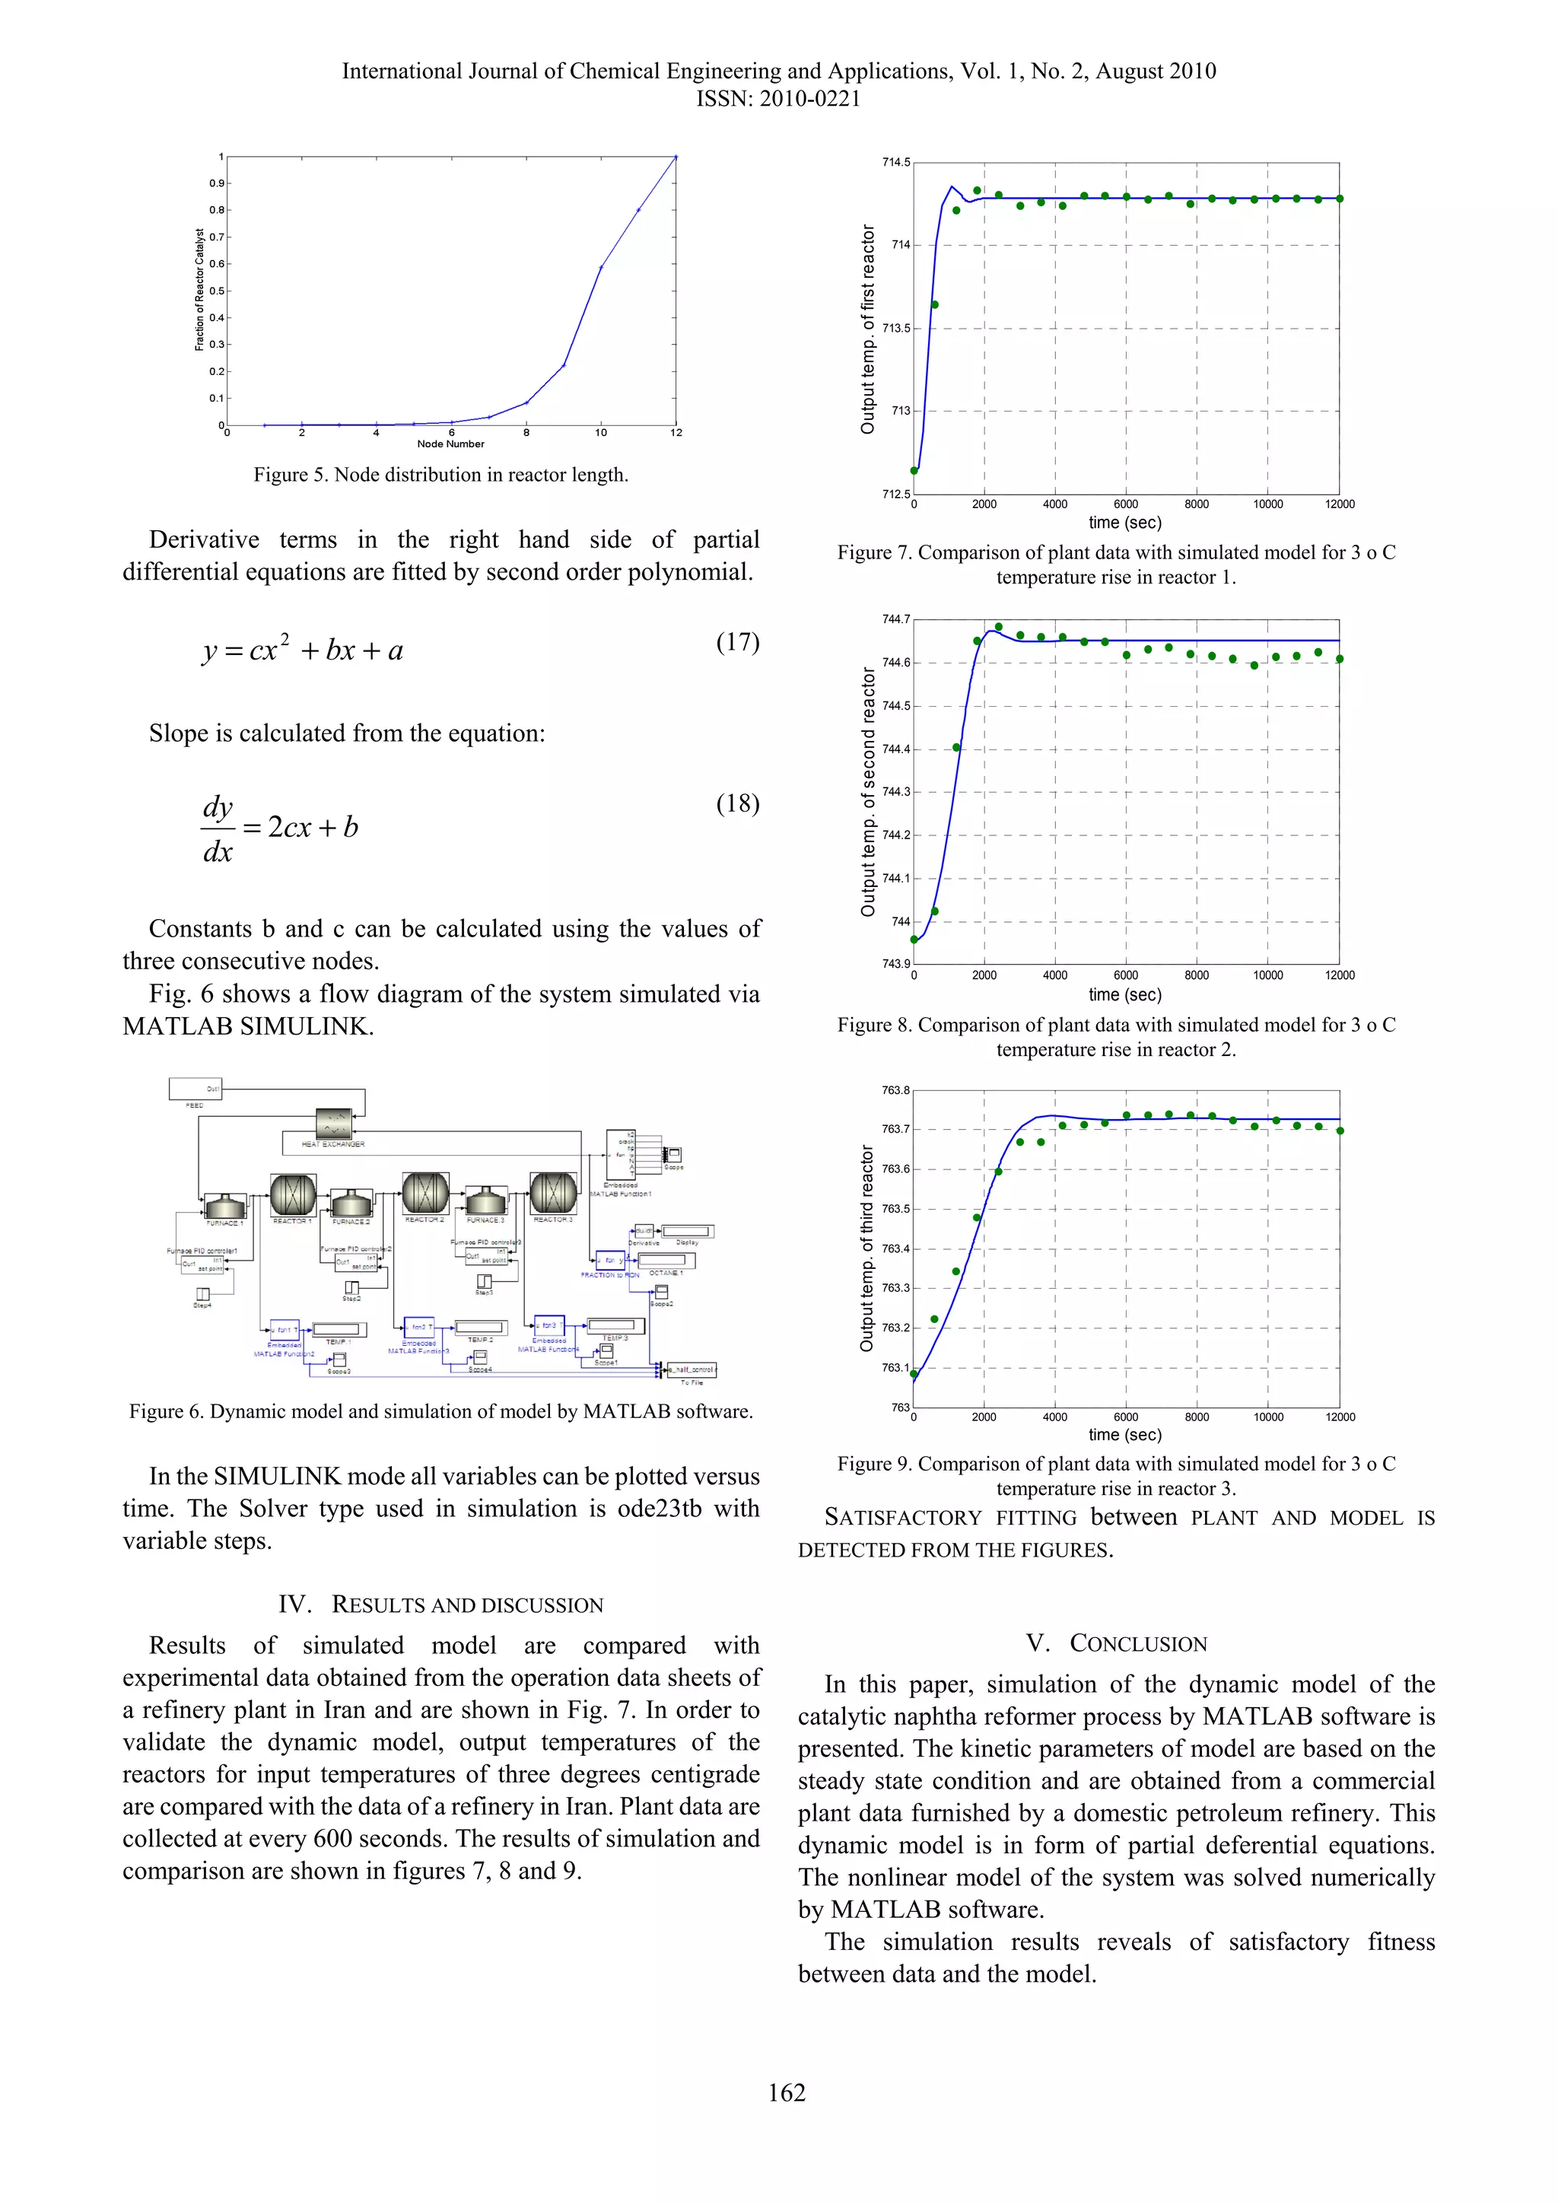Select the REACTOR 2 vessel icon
(x=425, y=1193)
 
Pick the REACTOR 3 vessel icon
(x=553, y=1193)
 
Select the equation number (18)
(x=737, y=803)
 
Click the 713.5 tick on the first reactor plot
(x=897, y=329)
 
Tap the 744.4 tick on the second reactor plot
(x=897, y=749)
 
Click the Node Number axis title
(x=450, y=444)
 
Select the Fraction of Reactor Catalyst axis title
(x=199, y=290)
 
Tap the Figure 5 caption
(x=440, y=474)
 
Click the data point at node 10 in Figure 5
(x=601, y=268)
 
